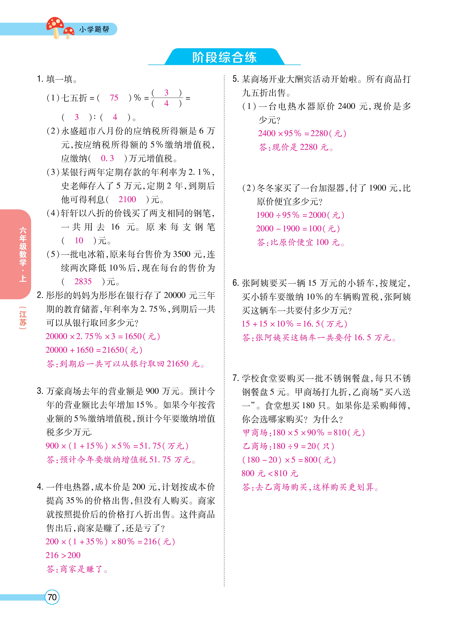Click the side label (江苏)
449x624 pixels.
tap(23, 318)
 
